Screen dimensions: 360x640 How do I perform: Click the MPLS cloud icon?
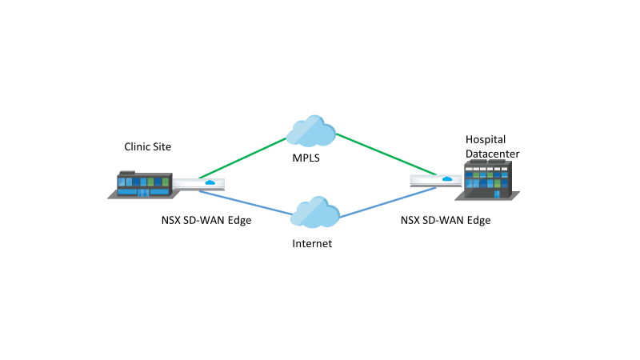(x=311, y=130)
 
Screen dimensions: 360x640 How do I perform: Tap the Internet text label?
(x=311, y=244)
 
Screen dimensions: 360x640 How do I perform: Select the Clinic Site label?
(x=147, y=146)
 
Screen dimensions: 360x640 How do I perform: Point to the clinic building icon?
(x=140, y=183)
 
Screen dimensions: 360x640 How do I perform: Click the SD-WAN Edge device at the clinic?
(x=199, y=184)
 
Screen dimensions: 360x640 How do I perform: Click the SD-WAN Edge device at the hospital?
(x=433, y=180)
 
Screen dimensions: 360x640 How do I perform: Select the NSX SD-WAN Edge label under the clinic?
(x=206, y=219)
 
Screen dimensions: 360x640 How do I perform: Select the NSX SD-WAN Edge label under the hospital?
(x=445, y=219)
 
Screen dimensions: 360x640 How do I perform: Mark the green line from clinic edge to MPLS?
(x=242, y=158)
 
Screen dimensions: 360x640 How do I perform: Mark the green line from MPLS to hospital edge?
(x=386, y=154)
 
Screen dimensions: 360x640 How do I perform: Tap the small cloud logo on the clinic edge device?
(x=210, y=182)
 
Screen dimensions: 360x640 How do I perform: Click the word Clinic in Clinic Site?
(x=137, y=146)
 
